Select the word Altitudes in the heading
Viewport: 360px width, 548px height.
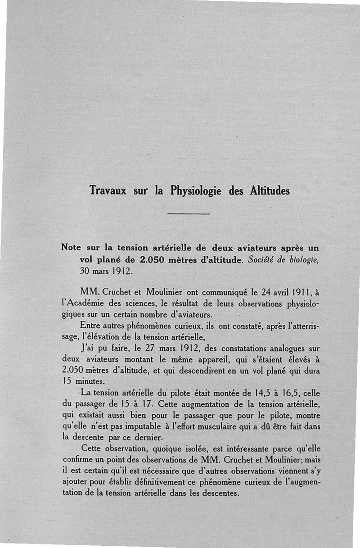tap(269, 190)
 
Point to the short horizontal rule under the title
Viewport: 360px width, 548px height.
tap(189, 213)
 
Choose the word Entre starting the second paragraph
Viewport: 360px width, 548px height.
tap(91, 325)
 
